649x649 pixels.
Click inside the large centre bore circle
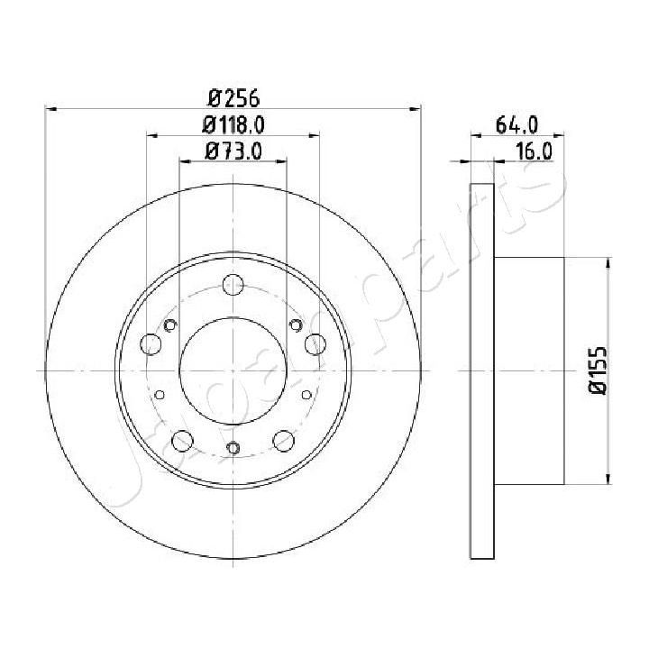pyautogui.click(x=233, y=370)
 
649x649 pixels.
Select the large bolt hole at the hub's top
pyautogui.click(x=233, y=283)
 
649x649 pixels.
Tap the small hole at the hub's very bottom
pyautogui.click(x=233, y=447)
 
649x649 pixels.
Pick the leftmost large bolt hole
pyautogui.click(x=151, y=343)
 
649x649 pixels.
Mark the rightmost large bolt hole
pyautogui.click(x=315, y=343)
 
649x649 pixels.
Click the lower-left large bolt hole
pyautogui.click(x=181, y=441)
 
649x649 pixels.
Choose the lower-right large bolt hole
pyautogui.click(x=284, y=441)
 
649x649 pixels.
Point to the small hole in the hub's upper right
pyautogui.click(x=294, y=325)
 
